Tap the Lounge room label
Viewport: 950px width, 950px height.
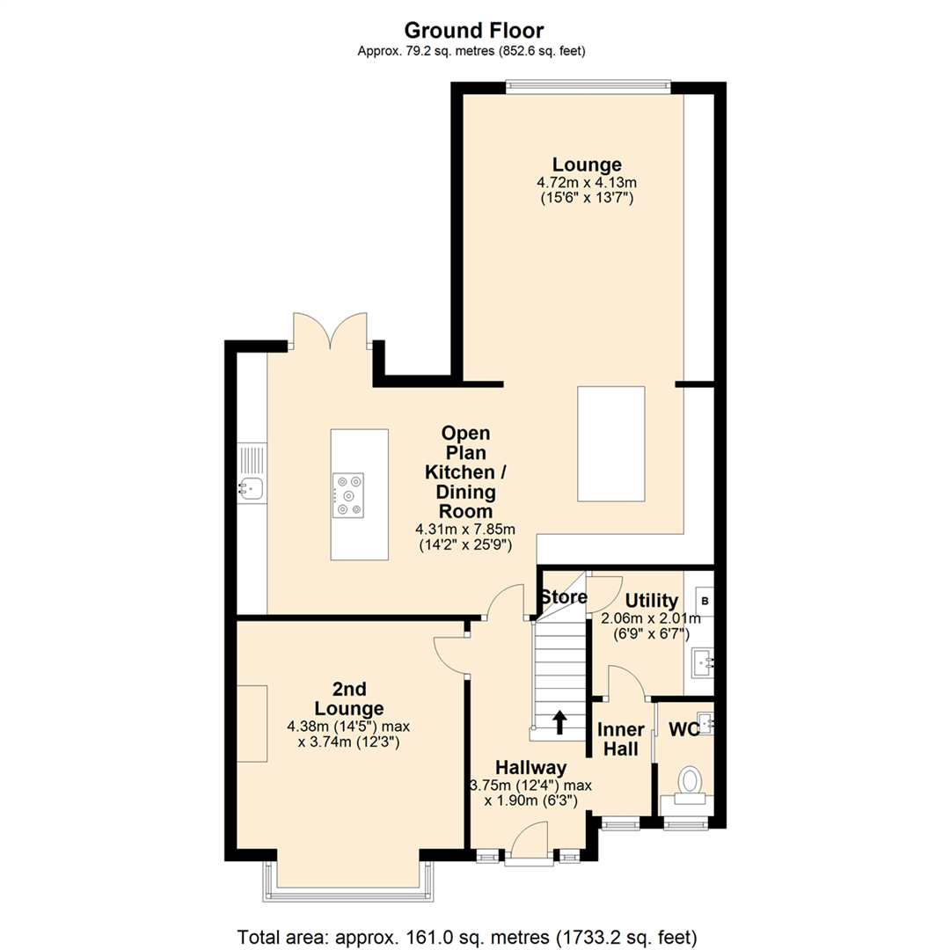(587, 164)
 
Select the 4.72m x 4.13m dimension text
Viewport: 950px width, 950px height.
(587, 182)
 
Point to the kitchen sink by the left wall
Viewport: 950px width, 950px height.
(252, 486)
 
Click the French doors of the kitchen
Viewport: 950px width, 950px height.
(331, 332)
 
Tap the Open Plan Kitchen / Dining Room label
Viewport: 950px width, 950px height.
(465, 472)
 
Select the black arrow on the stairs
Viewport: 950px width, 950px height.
(559, 722)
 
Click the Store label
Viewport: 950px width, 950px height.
(563, 597)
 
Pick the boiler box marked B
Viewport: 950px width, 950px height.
(703, 602)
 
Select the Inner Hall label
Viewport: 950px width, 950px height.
(619, 739)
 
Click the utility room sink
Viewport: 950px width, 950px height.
(703, 660)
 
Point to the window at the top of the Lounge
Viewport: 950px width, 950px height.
(588, 86)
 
